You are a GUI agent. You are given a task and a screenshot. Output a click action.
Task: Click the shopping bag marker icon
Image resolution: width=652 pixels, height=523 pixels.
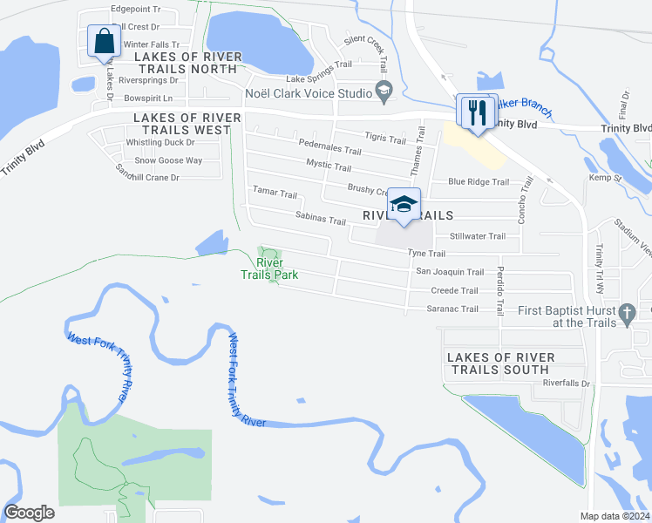(105, 41)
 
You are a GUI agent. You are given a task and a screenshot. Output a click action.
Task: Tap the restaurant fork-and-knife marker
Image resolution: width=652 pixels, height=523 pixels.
(476, 112)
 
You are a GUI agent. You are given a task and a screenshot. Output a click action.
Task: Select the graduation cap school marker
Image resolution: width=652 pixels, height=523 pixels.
(404, 205)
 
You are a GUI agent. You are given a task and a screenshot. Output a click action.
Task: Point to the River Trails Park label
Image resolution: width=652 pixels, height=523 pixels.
(269, 268)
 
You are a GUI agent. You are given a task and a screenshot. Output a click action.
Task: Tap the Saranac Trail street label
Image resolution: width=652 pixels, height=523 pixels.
(452, 309)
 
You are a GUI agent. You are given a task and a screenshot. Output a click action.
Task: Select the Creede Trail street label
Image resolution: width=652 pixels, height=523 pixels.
(454, 290)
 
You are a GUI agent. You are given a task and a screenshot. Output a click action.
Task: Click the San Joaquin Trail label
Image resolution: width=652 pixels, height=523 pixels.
(450, 272)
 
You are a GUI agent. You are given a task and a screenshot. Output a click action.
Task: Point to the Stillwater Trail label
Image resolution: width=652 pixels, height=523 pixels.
(477, 236)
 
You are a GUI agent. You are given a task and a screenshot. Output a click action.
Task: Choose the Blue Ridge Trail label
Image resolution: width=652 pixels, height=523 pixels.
(478, 181)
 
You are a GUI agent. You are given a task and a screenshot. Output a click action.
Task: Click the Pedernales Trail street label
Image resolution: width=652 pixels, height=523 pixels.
(324, 147)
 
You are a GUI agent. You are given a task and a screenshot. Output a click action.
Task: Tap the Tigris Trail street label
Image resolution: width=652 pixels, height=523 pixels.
(384, 139)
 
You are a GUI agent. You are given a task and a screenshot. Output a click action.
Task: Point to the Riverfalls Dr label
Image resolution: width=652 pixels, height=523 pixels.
(567, 383)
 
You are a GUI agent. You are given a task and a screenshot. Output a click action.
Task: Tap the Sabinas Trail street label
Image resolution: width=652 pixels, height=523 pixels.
(320, 220)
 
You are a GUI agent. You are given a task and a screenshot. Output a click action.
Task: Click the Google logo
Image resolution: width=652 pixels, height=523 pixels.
(30, 512)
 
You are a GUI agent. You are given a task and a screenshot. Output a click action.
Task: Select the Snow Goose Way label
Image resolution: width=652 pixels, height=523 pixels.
(168, 160)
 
